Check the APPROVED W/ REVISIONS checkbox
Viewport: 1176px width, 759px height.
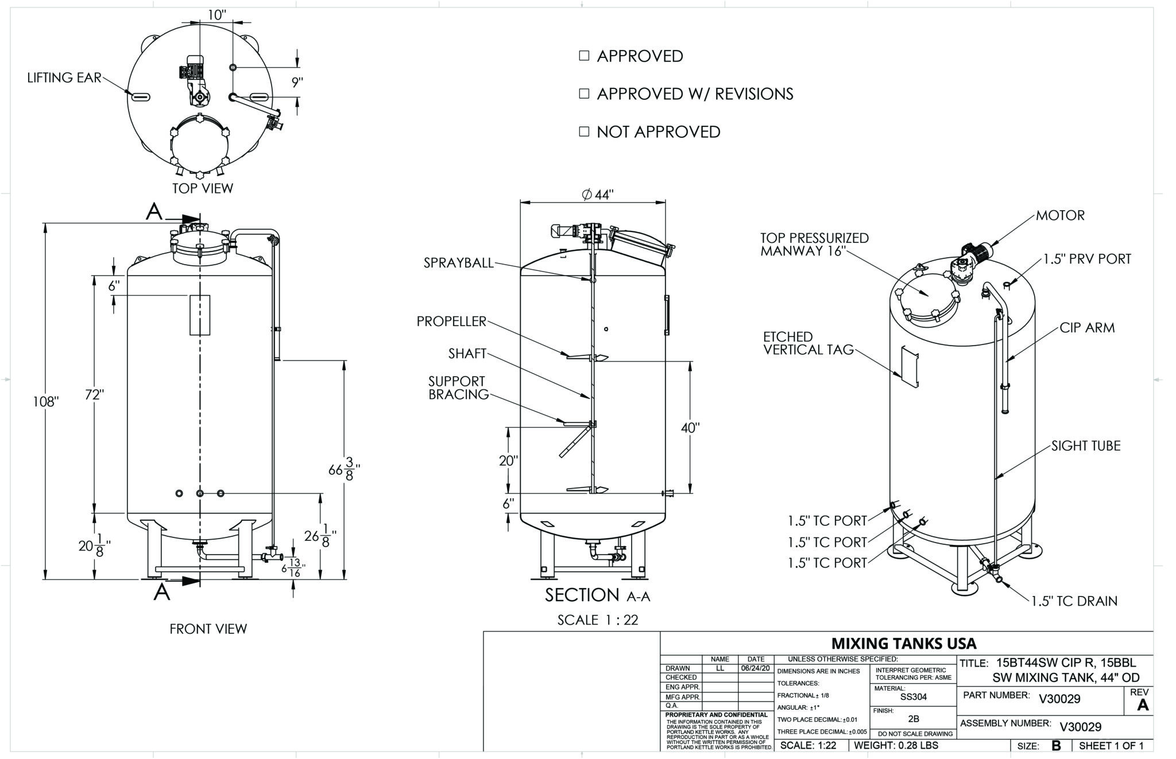[x=584, y=94]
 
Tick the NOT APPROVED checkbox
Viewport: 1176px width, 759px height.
[x=584, y=131]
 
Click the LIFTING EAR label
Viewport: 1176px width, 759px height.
[x=64, y=78]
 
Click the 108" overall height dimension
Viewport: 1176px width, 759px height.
[x=46, y=401]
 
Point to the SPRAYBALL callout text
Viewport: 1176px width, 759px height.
[x=458, y=263]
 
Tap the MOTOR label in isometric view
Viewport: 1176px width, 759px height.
[x=1060, y=216]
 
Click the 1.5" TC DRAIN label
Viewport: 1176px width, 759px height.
[x=1074, y=601]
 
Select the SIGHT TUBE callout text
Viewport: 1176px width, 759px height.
[x=1086, y=446]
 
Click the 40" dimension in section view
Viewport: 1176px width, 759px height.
[x=690, y=428]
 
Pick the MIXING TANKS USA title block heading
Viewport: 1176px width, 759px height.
[x=904, y=643]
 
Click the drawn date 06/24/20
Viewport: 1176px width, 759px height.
[x=755, y=668]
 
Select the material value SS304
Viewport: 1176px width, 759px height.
[x=913, y=697]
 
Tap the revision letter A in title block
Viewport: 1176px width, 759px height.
[x=1143, y=705]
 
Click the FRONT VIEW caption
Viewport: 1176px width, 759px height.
[x=208, y=629]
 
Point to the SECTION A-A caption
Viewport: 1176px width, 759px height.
[x=597, y=595]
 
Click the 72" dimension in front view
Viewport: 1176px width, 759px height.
[x=94, y=395]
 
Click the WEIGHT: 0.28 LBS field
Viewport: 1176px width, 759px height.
[x=896, y=745]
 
